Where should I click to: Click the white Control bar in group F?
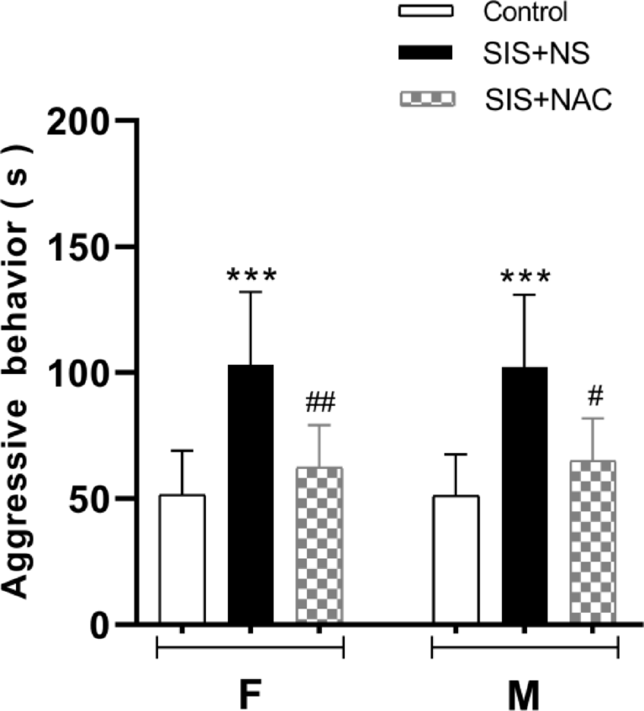click(x=182, y=559)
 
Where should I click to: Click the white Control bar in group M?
click(x=456, y=559)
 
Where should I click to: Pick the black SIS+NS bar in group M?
click(x=525, y=495)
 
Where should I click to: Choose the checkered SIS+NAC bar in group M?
click(x=593, y=542)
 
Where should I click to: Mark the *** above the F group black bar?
click(x=251, y=275)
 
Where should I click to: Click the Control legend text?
click(x=526, y=13)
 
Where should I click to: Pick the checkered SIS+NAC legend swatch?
click(x=425, y=98)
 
